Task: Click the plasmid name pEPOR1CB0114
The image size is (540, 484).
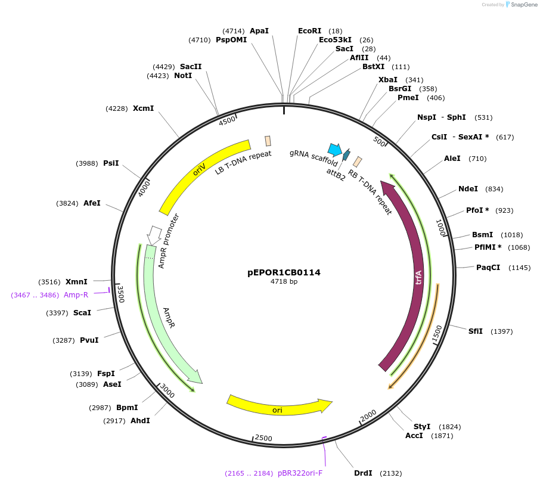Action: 284,272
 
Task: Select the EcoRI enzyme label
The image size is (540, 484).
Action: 309,31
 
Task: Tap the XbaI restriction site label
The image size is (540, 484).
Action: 388,80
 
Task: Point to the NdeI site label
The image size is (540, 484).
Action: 468,189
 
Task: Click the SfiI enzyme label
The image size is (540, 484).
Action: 475,331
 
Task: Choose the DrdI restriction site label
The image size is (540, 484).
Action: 363,473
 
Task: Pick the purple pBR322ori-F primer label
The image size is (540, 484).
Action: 300,473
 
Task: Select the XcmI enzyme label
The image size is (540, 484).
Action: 143,108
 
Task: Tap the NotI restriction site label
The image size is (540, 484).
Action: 183,76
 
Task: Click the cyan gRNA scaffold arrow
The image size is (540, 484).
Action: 335,149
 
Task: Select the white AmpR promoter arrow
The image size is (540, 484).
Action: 154,234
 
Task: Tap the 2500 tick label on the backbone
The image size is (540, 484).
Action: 263,438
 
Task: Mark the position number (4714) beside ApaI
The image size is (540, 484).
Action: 233,31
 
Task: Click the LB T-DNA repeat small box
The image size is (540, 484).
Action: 268,141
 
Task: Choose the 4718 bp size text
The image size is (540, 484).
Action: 284,282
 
